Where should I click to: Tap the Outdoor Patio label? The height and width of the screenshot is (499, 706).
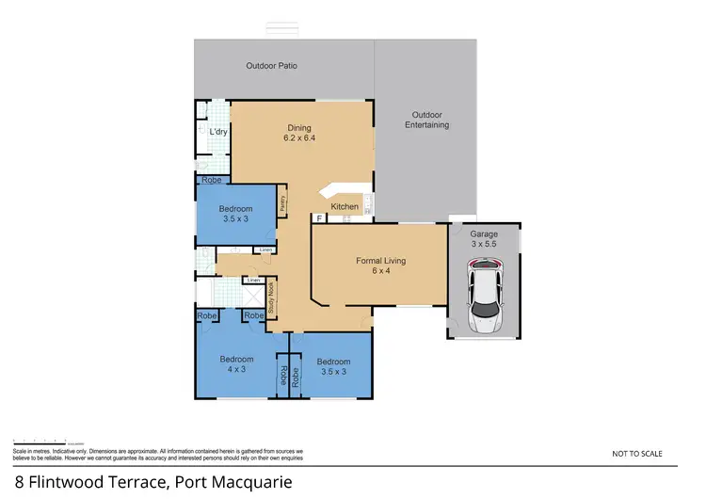point(272,66)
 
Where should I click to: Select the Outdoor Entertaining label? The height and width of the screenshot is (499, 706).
point(426,120)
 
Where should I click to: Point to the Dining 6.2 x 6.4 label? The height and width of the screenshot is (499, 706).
point(299,134)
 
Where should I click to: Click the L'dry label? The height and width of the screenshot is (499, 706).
point(219,132)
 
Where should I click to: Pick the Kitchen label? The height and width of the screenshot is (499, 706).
point(344,206)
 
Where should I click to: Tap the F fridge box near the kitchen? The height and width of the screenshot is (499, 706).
point(319,218)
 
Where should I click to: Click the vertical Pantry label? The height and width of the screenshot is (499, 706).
point(282,203)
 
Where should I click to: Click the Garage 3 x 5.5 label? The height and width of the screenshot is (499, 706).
point(484,238)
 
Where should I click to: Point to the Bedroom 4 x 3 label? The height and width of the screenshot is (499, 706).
point(237,363)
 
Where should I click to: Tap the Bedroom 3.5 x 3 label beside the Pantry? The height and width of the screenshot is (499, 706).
point(236,213)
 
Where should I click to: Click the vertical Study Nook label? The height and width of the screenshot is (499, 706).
point(271,298)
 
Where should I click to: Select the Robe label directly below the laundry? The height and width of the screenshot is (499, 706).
point(212,178)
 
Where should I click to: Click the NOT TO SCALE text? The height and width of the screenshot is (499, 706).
point(637,454)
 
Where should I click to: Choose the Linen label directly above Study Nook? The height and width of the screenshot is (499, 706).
point(252,281)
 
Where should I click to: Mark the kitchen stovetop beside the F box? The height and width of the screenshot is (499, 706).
point(345,218)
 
